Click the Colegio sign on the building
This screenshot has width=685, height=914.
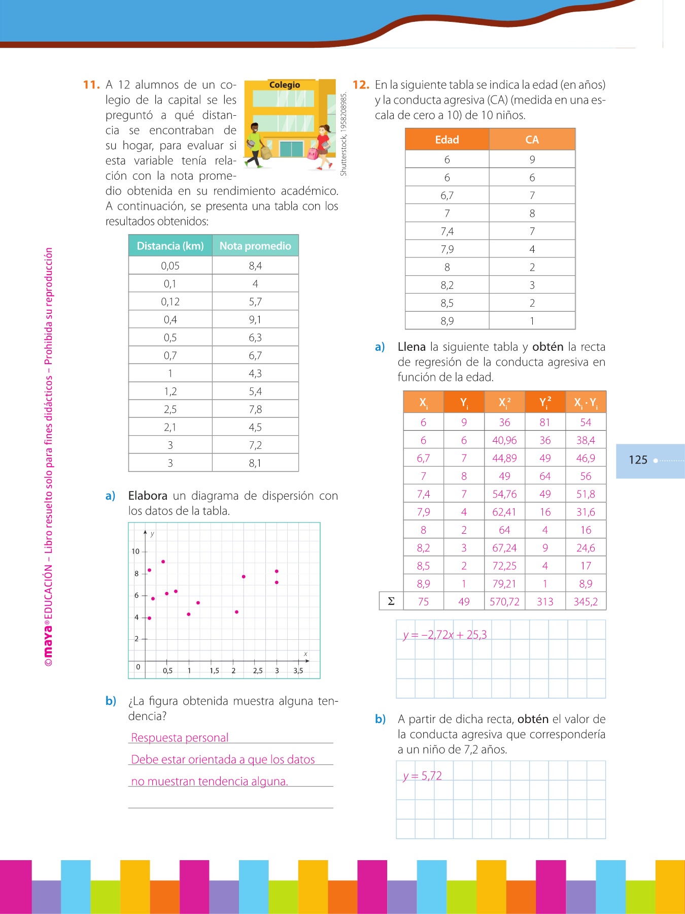284,85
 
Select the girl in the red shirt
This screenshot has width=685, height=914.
322,146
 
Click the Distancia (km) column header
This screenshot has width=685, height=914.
170,246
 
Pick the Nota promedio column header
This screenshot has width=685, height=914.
255,246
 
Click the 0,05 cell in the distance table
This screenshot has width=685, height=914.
170,266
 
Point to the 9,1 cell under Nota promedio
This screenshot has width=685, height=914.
255,319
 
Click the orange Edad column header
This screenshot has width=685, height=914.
447,140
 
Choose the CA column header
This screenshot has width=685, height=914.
532,140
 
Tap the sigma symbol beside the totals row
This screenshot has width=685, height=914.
391,601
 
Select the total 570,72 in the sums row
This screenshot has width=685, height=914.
504,602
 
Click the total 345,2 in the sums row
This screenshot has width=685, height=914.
586,602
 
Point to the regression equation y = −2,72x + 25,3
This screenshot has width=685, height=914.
445,635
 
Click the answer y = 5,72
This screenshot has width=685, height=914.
422,776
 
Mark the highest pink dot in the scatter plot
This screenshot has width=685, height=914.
163,562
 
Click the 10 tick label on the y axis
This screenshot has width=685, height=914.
135,551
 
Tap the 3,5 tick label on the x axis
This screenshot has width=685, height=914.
298,670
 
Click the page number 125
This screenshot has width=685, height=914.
638,460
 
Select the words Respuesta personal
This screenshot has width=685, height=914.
180,737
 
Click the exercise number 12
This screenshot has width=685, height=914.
361,85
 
